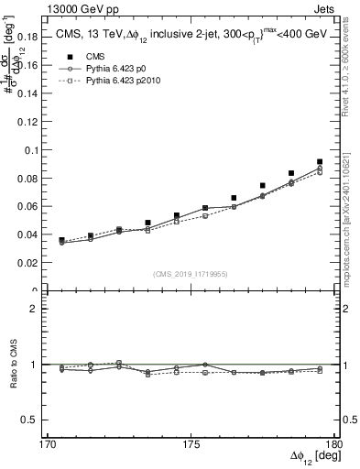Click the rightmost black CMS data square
(x=320, y=162)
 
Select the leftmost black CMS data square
(x=61, y=240)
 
